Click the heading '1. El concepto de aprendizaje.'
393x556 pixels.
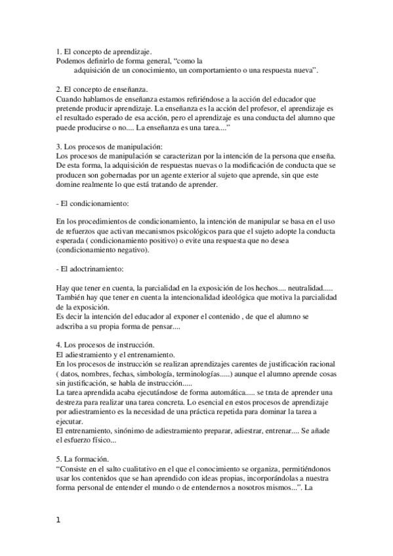tap(104, 50)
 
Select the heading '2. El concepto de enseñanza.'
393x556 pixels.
tap(102, 89)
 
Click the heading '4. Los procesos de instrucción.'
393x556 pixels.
tap(105, 345)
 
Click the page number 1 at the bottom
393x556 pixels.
tap(58, 521)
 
